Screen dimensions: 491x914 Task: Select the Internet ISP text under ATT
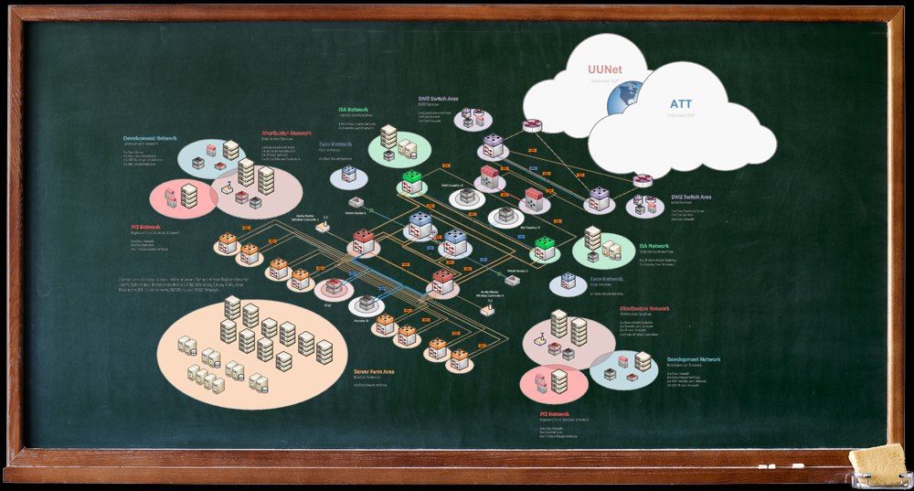(681, 115)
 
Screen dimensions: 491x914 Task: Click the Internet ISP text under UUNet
(604, 81)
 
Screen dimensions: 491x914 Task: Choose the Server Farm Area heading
(374, 372)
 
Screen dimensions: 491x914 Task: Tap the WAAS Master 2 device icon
(512, 279)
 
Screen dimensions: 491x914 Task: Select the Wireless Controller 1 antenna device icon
(323, 227)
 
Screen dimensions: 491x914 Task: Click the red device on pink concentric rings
(334, 287)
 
